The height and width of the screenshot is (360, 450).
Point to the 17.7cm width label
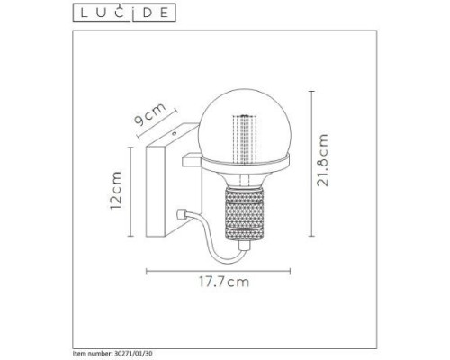(x=224, y=282)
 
